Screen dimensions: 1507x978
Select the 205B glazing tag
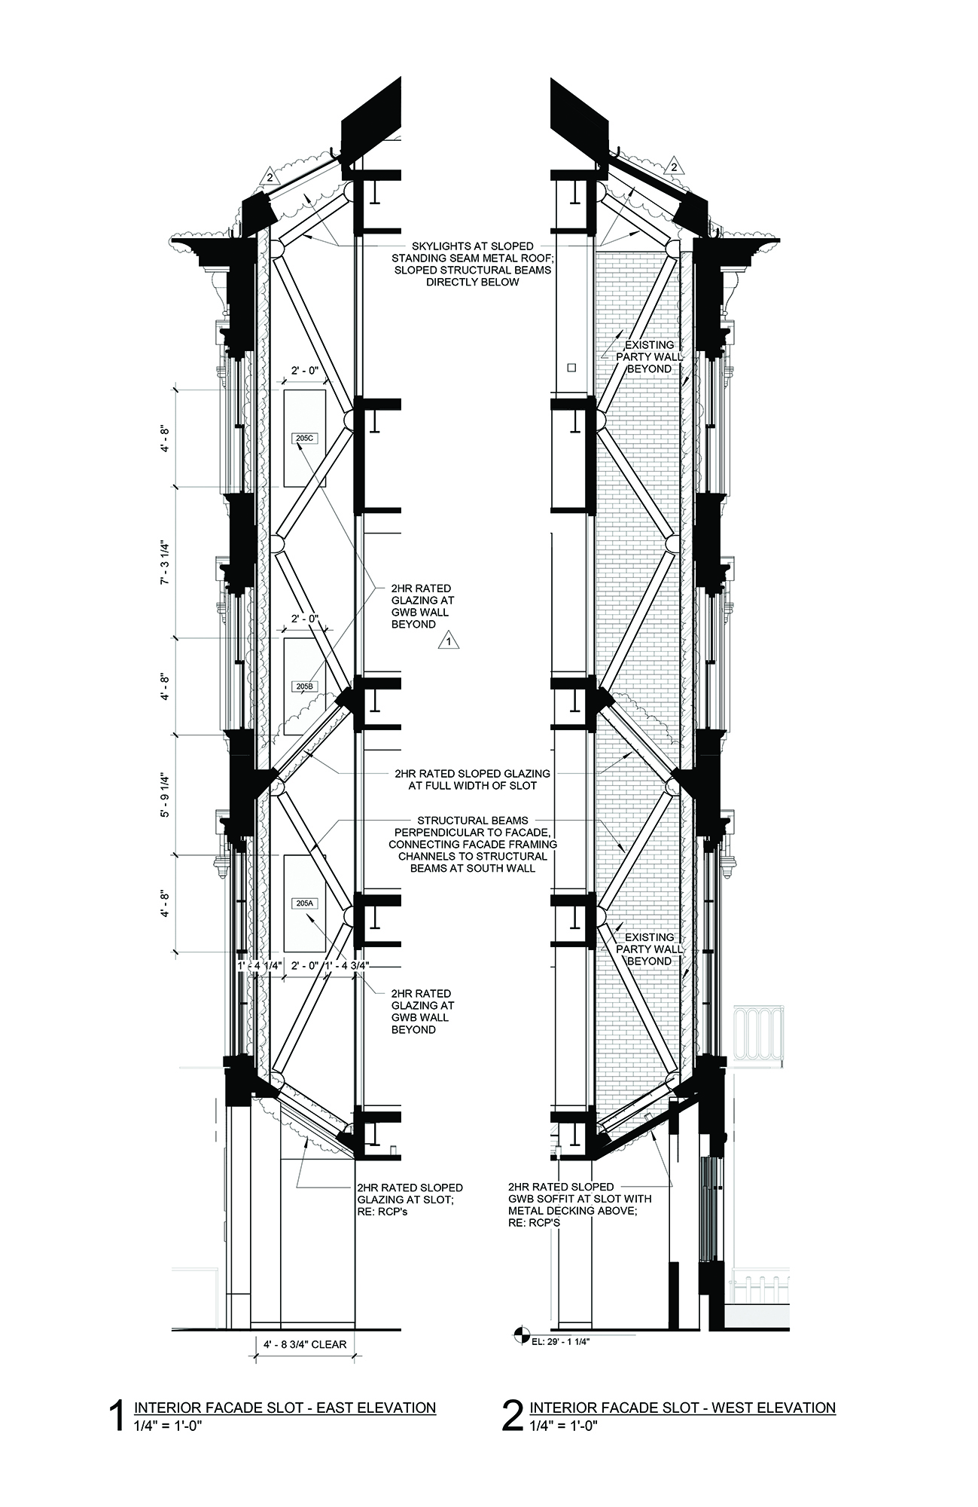(304, 686)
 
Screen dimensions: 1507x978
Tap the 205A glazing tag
(304, 903)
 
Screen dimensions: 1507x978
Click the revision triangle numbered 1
(449, 642)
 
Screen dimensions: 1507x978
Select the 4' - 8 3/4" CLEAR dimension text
(304, 1343)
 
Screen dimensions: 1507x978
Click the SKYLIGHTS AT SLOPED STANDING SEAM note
(473, 264)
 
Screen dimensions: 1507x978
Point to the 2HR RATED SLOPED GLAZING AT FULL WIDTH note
(472, 779)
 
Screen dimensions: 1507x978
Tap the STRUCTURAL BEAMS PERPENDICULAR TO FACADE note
(473, 844)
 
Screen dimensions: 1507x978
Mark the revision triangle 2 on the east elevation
(268, 179)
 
